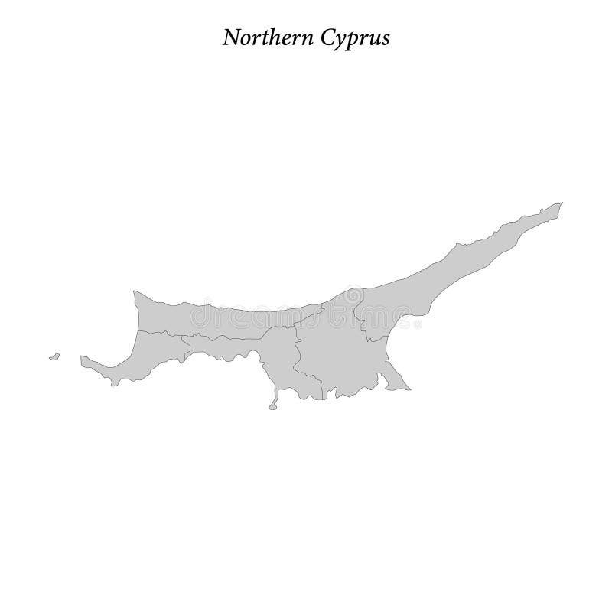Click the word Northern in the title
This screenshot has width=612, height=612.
click(259, 38)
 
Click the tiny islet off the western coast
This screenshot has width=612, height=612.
click(54, 356)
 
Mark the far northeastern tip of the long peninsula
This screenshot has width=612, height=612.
click(562, 203)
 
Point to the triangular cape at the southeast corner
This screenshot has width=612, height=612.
click(399, 382)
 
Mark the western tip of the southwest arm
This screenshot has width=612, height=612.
click(81, 357)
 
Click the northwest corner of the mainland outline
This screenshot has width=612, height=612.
click(134, 291)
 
